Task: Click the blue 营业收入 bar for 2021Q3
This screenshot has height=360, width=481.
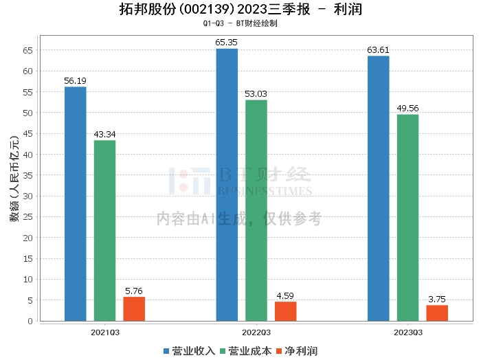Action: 75,204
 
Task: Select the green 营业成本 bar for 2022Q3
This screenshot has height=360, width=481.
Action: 256,210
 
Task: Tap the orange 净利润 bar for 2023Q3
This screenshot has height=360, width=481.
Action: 437,313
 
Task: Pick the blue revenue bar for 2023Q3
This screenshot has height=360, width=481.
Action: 378,188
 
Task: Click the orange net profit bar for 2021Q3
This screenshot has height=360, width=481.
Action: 134,308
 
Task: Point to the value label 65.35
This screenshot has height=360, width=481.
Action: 226,43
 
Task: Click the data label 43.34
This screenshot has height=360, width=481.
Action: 104,134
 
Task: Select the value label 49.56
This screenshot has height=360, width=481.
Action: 407,109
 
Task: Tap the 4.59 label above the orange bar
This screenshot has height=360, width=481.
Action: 285,296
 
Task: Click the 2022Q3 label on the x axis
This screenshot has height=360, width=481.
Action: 256,333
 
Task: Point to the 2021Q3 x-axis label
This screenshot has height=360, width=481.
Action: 105,333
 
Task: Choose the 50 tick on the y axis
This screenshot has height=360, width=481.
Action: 28,113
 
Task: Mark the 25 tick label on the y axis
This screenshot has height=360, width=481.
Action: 28,217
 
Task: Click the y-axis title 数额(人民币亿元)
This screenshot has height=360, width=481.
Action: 14,179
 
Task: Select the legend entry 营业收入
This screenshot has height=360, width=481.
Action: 189,351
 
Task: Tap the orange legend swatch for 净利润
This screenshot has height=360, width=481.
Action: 279,351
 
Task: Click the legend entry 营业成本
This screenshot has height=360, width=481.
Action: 246,351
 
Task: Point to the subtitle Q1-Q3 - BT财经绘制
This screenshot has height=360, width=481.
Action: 240,23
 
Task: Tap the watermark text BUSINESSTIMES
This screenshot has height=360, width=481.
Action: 265,192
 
